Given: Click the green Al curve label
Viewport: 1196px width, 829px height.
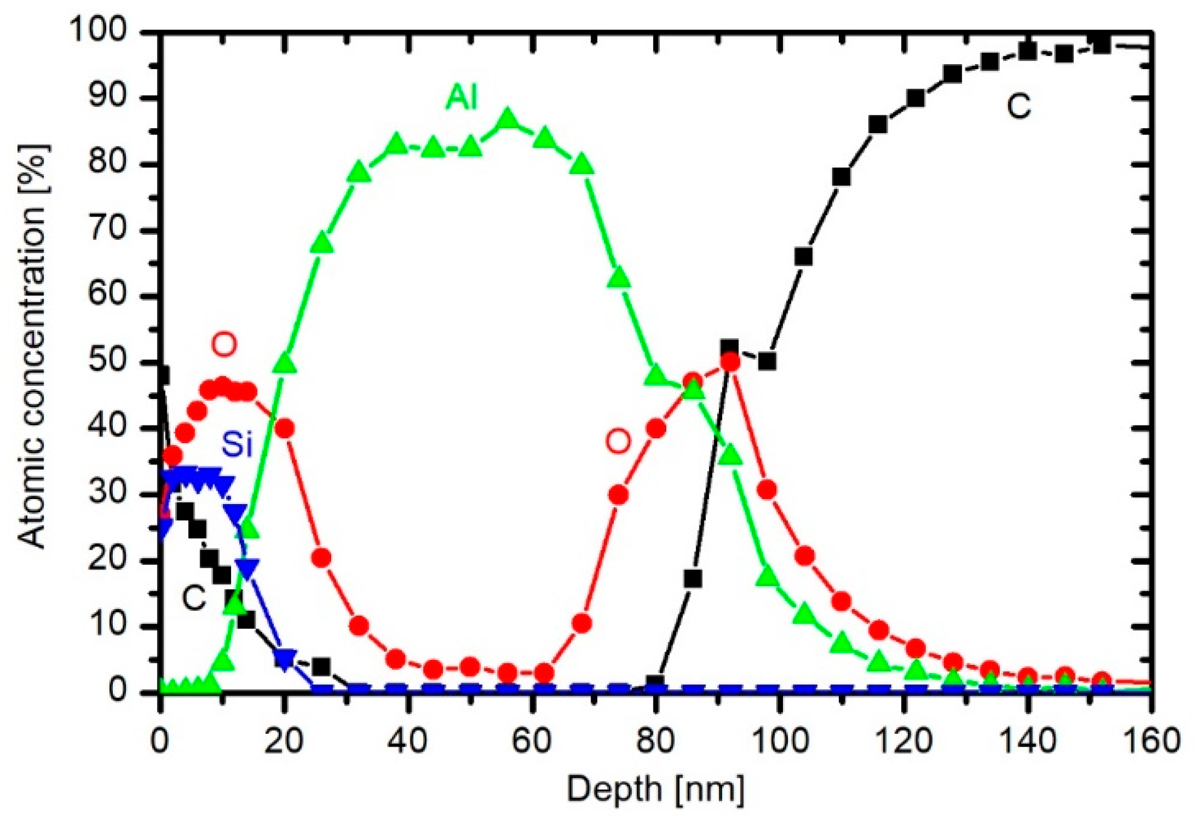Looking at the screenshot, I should click(462, 98).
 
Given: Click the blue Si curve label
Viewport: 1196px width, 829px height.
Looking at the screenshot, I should click(237, 444).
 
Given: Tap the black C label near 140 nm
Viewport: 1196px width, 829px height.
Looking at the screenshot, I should click(1019, 106).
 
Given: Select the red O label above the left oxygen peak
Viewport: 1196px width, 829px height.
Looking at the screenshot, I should click(224, 344).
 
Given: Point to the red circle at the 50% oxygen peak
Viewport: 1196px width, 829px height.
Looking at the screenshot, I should click(730, 363).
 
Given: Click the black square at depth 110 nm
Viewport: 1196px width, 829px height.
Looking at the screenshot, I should click(841, 177).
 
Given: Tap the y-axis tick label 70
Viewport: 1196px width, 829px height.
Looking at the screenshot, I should click(108, 230).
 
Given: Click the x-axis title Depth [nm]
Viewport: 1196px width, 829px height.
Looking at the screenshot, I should click(655, 789).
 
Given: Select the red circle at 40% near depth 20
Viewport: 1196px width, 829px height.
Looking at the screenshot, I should click(284, 428).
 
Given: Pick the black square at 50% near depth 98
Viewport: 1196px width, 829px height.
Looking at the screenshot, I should click(767, 361).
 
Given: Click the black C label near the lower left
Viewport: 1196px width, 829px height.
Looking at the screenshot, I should click(194, 598).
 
